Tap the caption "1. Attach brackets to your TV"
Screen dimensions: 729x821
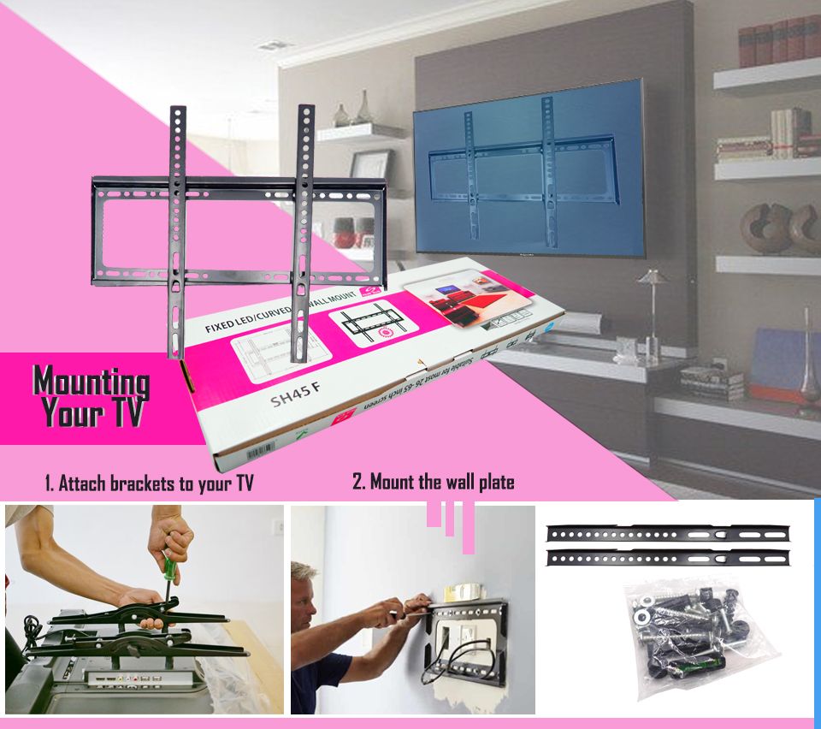pyautogui.click(x=150, y=483)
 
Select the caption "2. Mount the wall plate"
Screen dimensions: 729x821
pyautogui.click(x=434, y=482)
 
